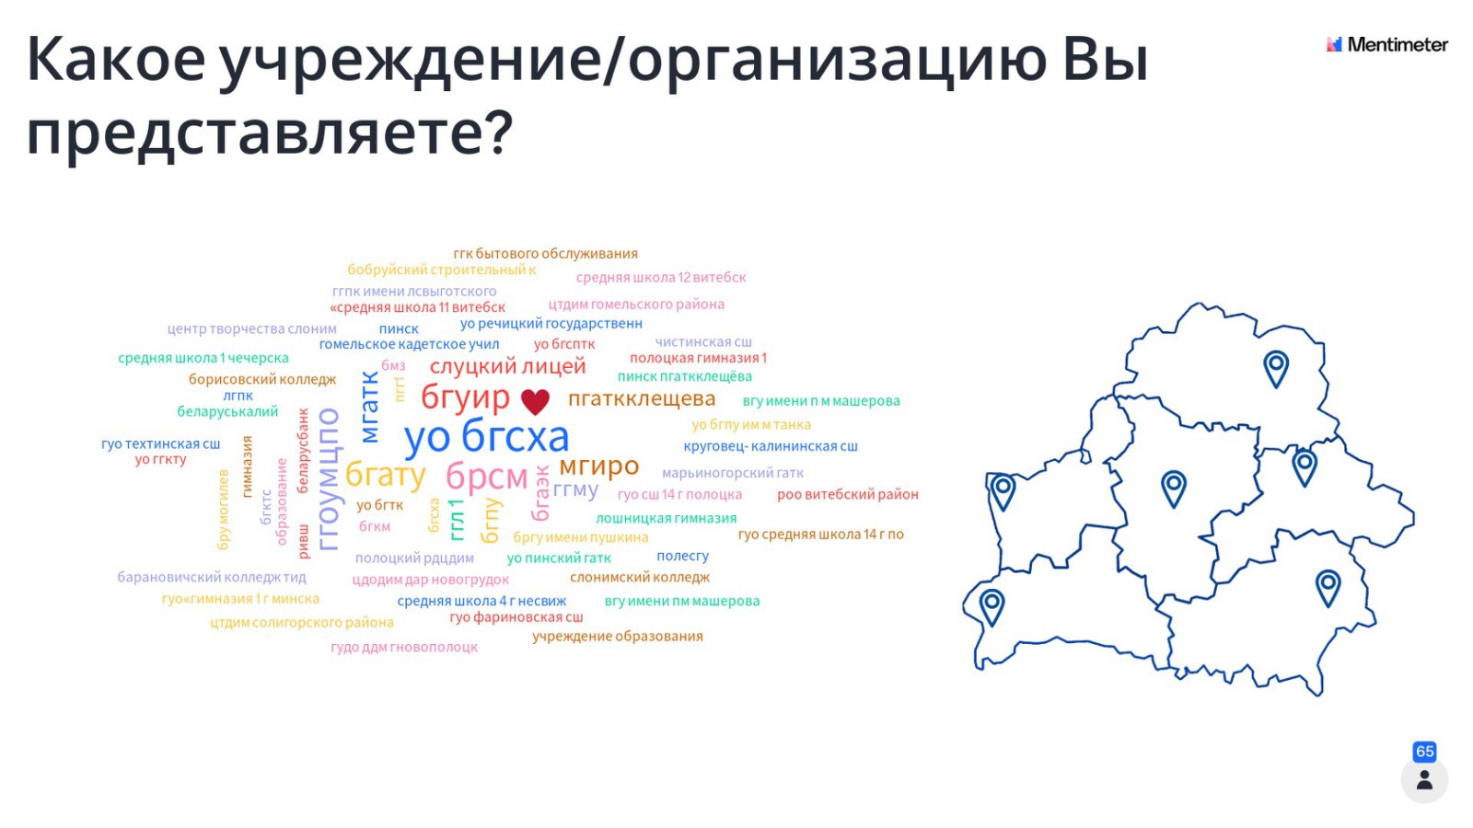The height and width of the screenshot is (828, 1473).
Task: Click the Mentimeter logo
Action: (1386, 44)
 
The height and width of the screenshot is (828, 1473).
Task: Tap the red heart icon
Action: (535, 401)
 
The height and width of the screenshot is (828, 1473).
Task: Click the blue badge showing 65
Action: (1424, 752)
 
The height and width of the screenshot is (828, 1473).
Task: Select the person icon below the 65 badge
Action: (1424, 781)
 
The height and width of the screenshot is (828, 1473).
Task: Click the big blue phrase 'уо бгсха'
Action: (486, 437)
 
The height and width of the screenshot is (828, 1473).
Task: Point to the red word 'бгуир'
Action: (465, 397)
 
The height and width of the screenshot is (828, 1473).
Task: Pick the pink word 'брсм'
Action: (486, 477)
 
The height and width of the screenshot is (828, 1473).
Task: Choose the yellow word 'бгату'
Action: (385, 475)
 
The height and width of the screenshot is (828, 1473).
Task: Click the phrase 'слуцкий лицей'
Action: (507, 366)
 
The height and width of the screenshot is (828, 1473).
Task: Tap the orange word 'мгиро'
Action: (598, 466)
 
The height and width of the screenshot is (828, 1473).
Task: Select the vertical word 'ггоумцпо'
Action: (329, 479)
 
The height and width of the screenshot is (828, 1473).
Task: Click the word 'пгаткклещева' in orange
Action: (641, 398)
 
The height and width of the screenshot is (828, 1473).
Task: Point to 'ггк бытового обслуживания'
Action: (545, 254)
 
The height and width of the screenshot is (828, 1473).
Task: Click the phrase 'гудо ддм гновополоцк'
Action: (404, 648)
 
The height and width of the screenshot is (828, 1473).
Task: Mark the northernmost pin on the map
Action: (1275, 367)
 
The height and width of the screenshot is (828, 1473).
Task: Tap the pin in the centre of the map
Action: (1173, 487)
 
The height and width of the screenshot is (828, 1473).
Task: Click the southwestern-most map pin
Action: (992, 605)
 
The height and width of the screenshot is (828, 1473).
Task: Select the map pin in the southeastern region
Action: (1328, 586)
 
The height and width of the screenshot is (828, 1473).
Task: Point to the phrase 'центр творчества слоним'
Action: (251, 329)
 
